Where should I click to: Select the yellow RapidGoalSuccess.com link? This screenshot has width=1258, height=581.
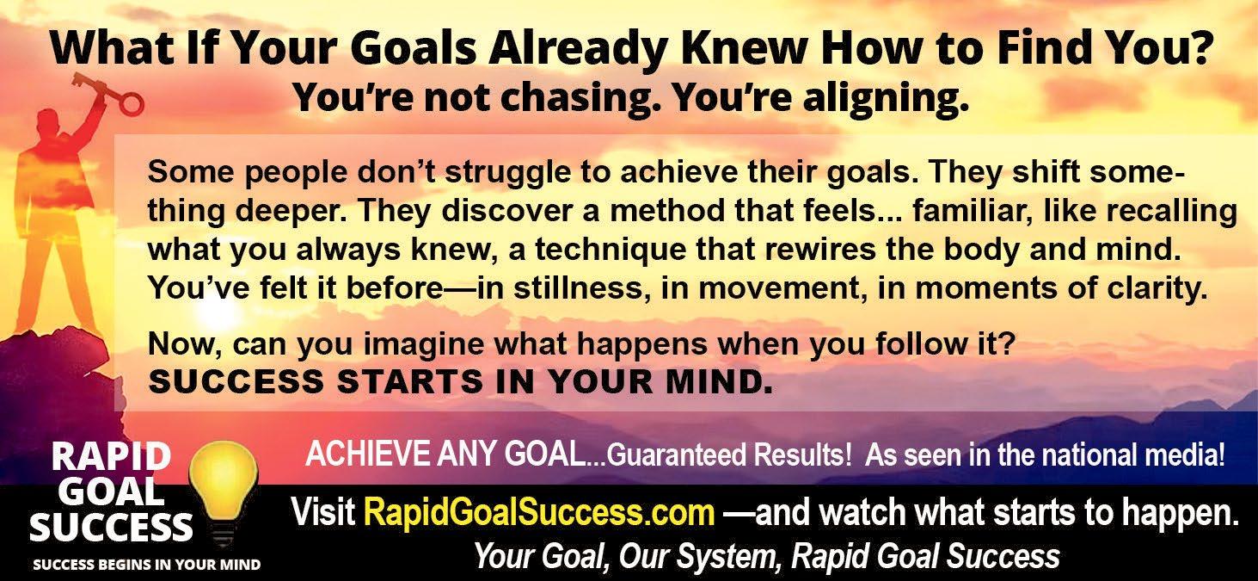(x=539, y=512)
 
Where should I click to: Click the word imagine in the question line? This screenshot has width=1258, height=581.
(x=423, y=344)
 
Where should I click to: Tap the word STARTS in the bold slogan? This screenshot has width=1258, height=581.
(x=409, y=381)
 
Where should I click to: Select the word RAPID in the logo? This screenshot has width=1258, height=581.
(x=111, y=456)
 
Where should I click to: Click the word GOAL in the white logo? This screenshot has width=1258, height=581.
(x=114, y=491)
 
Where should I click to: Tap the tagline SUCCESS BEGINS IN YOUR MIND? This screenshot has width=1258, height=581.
(x=146, y=565)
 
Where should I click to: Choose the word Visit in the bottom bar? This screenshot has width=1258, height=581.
(x=323, y=512)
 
